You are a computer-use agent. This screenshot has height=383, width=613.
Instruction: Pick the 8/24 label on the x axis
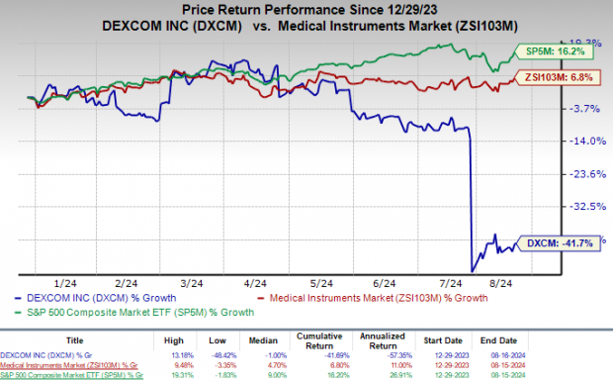coord(505,281)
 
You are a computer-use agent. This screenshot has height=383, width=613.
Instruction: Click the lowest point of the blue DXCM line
coord(473,271)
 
